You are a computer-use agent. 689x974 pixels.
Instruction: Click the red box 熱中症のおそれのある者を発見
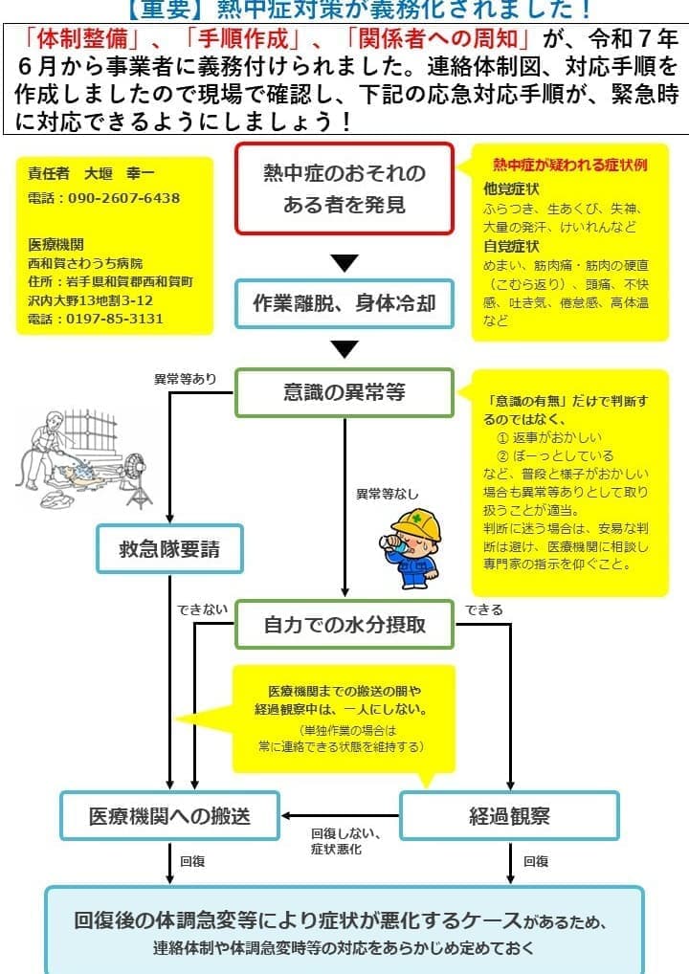pyautogui.click(x=344, y=188)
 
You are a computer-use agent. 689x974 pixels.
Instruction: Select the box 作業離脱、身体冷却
pyautogui.click(x=344, y=303)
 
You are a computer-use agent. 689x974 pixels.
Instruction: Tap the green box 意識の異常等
pyautogui.click(x=344, y=392)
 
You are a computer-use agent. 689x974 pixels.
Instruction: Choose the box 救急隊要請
pyautogui.click(x=169, y=549)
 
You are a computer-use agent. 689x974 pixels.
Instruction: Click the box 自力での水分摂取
pyautogui.click(x=344, y=626)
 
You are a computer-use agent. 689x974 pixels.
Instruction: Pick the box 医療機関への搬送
pyautogui.click(x=169, y=815)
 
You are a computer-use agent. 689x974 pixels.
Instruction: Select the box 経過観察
pyautogui.click(x=509, y=815)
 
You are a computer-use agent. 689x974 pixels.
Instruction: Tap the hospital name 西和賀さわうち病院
pyautogui.click(x=85, y=262)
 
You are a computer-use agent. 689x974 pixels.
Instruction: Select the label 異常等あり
pyautogui.click(x=185, y=379)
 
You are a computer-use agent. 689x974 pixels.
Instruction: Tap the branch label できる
pyautogui.click(x=483, y=609)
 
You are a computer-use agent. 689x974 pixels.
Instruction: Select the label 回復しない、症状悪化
pyautogui.click(x=342, y=841)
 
